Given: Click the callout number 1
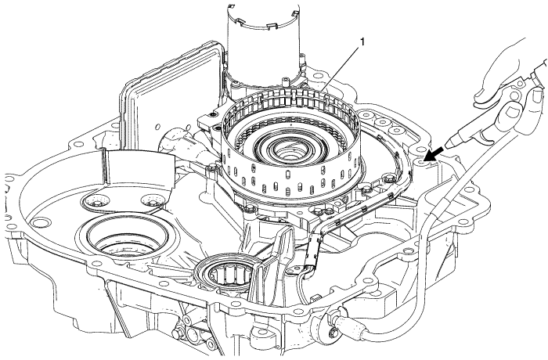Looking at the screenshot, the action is [x=362, y=42].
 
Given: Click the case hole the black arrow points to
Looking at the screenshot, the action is [x=424, y=160].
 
